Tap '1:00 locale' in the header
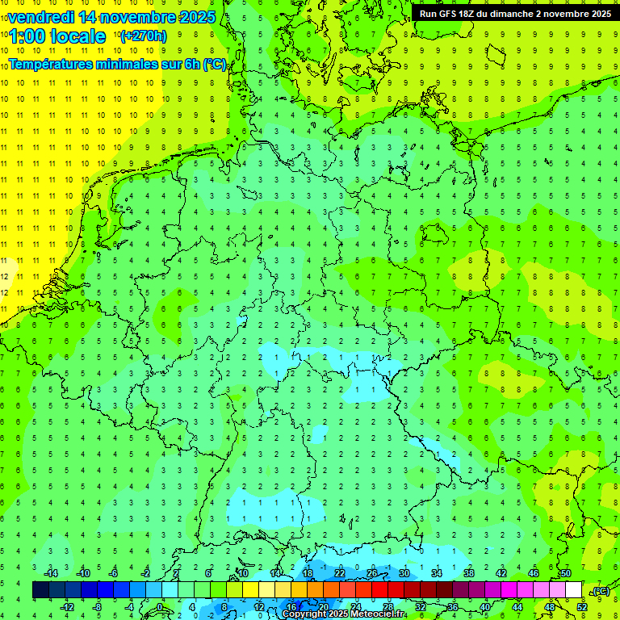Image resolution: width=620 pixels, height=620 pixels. (x=57, y=36)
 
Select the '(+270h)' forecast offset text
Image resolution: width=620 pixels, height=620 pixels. (x=144, y=36)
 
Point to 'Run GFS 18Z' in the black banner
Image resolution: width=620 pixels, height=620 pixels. (x=447, y=13)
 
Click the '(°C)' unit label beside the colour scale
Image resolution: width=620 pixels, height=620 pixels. (x=600, y=591)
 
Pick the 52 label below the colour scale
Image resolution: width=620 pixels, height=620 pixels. (x=582, y=607)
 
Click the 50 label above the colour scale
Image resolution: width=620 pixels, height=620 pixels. (x=565, y=573)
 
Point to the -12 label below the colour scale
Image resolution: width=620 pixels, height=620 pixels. (x=67, y=607)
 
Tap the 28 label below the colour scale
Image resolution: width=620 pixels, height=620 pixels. (x=387, y=607)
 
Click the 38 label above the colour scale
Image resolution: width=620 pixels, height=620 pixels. (x=468, y=573)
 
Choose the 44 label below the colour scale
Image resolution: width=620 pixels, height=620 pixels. (x=517, y=607)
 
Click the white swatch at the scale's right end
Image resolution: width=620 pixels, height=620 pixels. (x=574, y=590)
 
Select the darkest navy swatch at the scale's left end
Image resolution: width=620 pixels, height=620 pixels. (x=40, y=590)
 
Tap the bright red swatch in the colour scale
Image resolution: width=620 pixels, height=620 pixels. (x=379, y=590)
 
